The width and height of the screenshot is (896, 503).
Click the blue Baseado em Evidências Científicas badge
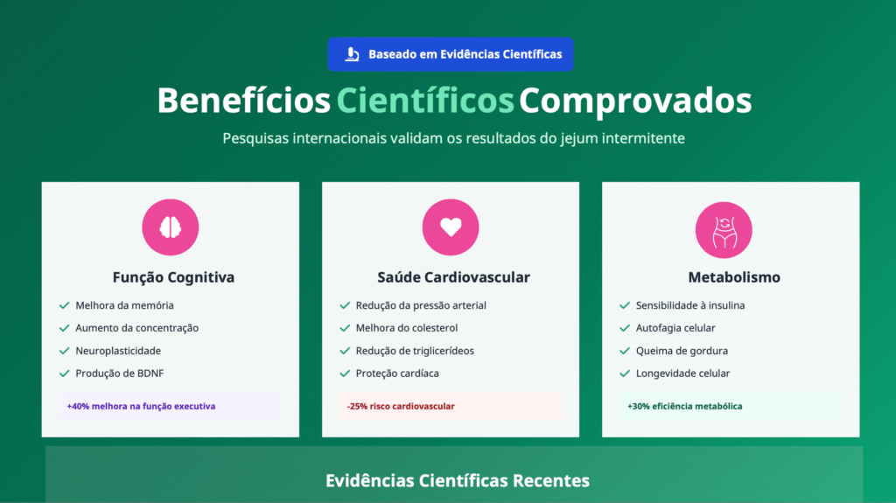coord(451,54)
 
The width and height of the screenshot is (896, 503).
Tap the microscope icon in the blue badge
coord(352,54)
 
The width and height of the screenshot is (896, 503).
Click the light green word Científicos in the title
coord(425,101)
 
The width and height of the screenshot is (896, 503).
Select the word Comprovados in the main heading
coord(634,101)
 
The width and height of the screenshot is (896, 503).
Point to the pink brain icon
coord(170,227)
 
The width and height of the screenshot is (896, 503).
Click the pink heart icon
coord(451,227)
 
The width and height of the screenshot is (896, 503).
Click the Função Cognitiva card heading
coord(173,277)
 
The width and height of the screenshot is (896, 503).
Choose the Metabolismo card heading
coord(733,277)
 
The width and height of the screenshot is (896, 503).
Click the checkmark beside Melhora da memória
coord(64,306)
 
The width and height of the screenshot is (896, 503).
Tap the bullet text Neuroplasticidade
coord(118,351)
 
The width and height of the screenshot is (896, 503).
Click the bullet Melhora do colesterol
coord(407,328)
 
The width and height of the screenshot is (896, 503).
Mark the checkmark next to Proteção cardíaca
coord(344,374)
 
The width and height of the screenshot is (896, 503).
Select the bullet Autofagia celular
coord(675,328)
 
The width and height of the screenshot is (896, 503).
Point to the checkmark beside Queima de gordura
coord(625,351)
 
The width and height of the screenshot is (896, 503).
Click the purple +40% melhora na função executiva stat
coord(141,407)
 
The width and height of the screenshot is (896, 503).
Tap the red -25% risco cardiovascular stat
coord(401,407)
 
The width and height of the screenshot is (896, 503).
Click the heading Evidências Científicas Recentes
coord(458,481)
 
